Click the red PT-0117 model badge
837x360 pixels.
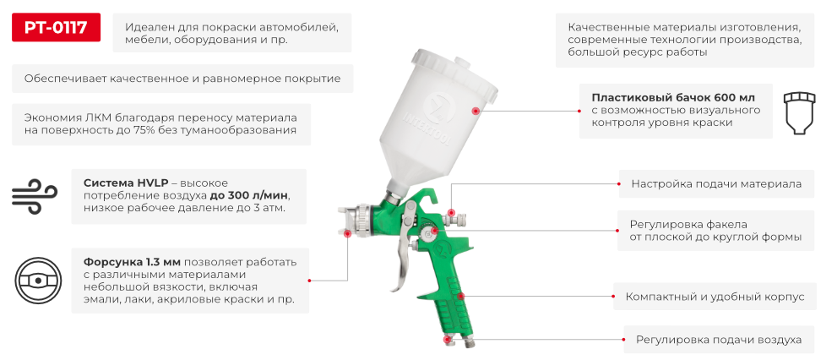pyautogui.click(x=57, y=27)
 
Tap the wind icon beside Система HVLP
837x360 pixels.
pyautogui.click(x=34, y=195)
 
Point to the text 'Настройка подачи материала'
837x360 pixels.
pyautogui.click(x=716, y=183)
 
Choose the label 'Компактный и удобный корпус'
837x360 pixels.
pyautogui.click(x=715, y=297)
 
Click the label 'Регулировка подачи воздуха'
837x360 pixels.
pyautogui.click(x=718, y=340)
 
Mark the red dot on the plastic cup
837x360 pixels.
pyautogui.click(x=476, y=111)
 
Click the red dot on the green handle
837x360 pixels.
pyautogui.click(x=461, y=296)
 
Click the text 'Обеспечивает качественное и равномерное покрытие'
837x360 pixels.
pyautogui.click(x=182, y=79)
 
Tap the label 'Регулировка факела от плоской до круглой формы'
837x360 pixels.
pyautogui.click(x=715, y=231)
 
